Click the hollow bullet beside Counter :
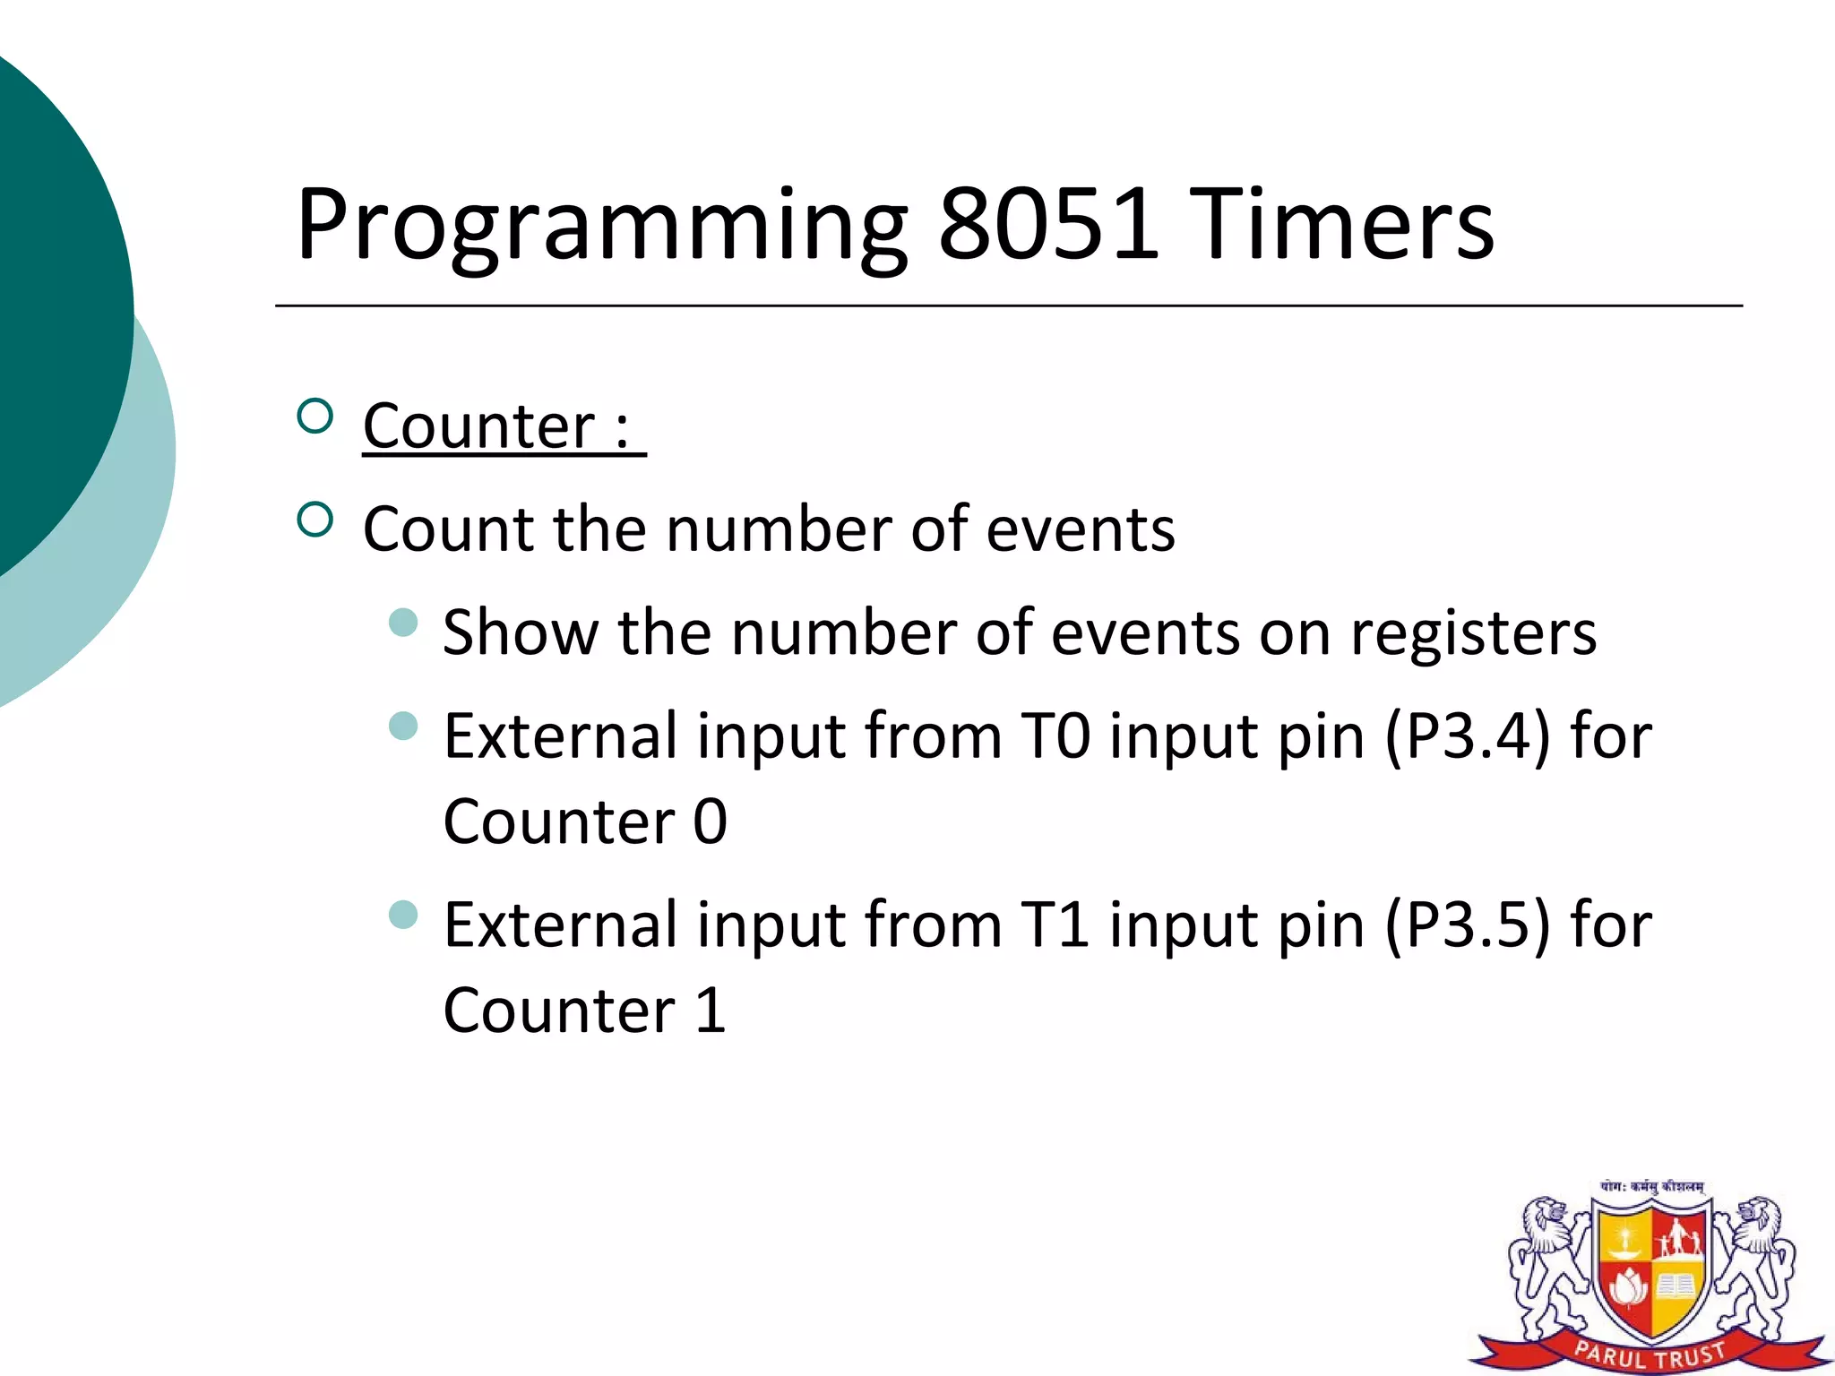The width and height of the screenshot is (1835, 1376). (314, 417)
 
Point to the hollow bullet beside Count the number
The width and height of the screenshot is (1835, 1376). (314, 520)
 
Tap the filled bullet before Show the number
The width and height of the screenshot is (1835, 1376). (404, 623)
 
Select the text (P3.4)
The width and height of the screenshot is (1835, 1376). (1468, 737)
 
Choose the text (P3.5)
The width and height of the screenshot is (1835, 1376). (1468, 926)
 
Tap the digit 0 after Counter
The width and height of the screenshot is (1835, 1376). (710, 822)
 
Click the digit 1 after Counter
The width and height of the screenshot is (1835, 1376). (710, 1011)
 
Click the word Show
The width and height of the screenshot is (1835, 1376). (521, 632)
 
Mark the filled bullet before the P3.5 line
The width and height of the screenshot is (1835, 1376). (404, 915)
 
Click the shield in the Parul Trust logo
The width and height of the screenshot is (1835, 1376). (1651, 1272)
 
